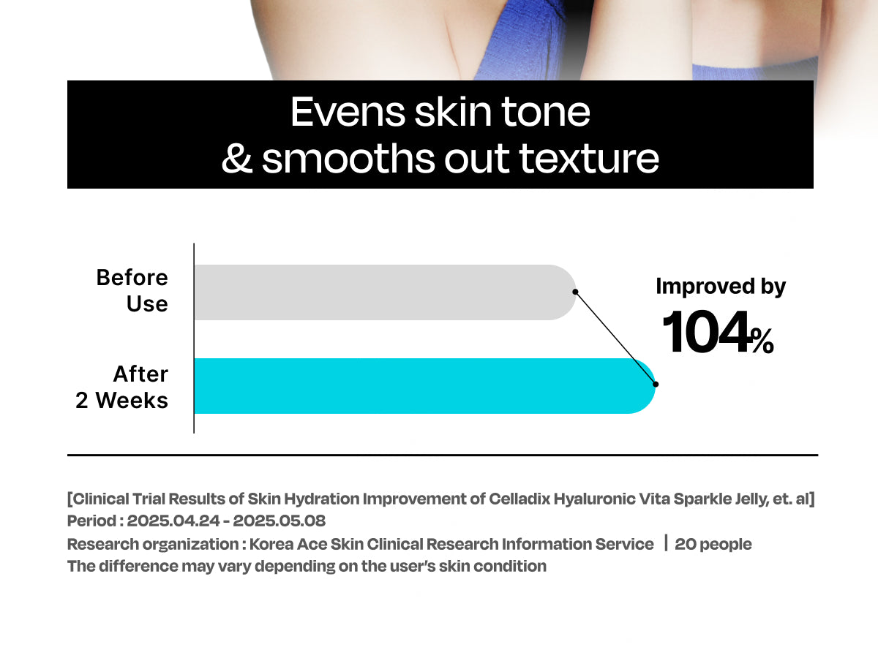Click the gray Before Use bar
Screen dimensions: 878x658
[385, 292]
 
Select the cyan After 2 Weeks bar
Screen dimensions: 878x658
[425, 385]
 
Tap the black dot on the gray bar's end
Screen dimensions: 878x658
[575, 292]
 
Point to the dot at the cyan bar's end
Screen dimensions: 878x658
[656, 385]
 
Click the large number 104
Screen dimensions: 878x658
[705, 333]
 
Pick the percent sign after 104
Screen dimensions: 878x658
[762, 341]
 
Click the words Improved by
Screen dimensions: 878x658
[721, 287]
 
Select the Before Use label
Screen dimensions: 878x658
[132, 290]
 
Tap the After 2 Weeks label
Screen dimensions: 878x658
[121, 387]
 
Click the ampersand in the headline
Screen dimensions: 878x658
[237, 159]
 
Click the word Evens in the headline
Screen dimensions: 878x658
[348, 113]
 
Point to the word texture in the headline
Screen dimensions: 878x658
[589, 159]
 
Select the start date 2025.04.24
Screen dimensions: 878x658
[173, 521]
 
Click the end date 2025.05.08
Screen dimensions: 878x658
[279, 521]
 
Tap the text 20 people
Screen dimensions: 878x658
[713, 544]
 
